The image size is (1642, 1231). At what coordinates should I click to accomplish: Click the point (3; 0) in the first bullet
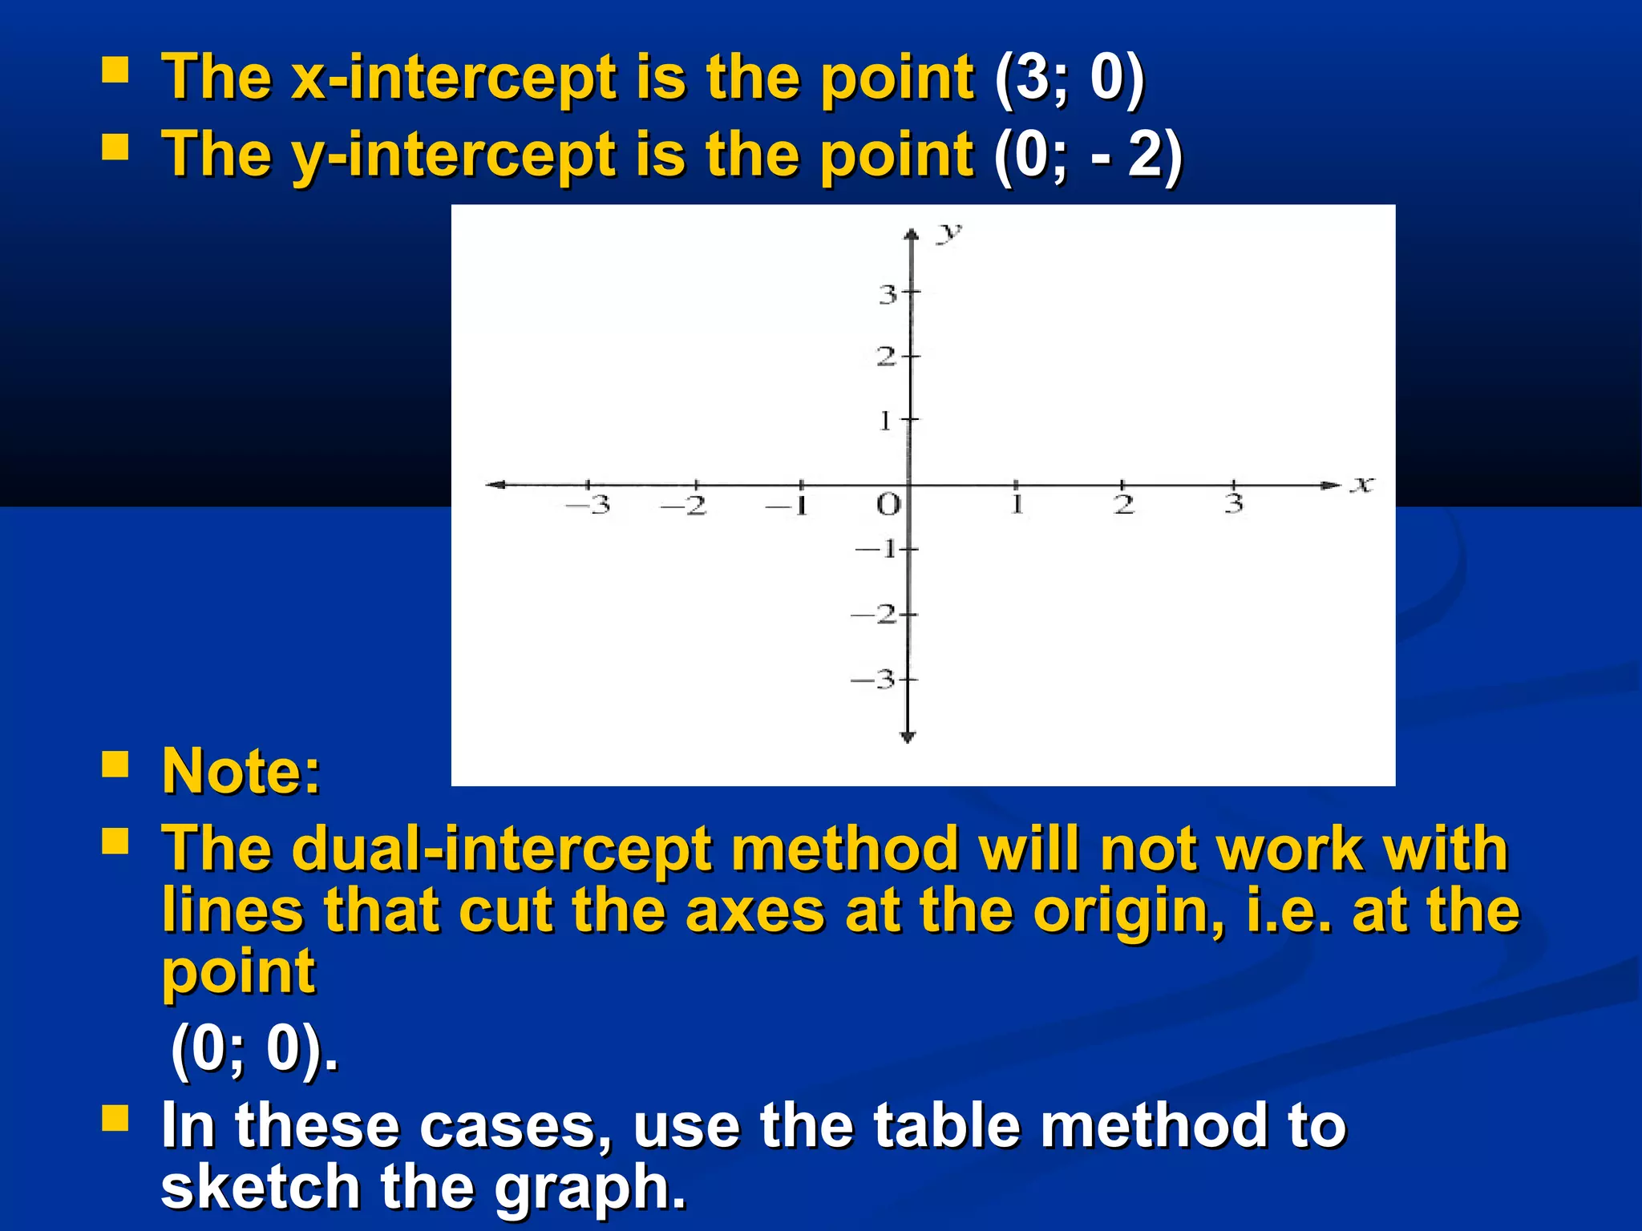[1070, 79]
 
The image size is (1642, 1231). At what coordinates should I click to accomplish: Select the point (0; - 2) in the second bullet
[1088, 155]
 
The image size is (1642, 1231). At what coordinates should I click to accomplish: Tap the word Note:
[241, 771]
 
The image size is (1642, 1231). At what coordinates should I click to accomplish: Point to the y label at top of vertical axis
[949, 233]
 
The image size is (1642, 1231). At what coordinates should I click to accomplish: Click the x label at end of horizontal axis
[1361, 484]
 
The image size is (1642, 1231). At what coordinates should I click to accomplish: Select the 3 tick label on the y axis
[887, 295]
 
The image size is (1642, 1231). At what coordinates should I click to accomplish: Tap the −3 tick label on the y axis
[873, 680]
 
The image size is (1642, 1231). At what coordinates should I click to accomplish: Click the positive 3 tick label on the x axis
[1234, 504]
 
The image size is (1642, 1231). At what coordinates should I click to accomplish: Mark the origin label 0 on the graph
[888, 505]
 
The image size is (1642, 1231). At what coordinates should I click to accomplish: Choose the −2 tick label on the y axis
[873, 615]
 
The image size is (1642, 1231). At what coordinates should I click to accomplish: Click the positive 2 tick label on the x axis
[1124, 505]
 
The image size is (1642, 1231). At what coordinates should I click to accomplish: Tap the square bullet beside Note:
[115, 765]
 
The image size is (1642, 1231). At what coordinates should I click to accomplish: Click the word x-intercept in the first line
[454, 79]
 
